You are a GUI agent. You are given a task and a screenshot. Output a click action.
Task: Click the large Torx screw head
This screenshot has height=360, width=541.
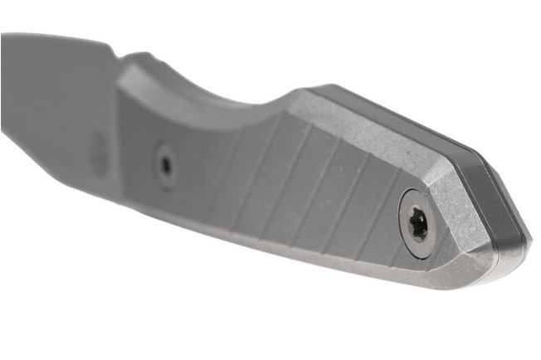coord(418,223)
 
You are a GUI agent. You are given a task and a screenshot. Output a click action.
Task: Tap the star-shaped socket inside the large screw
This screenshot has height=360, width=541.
coord(419,223)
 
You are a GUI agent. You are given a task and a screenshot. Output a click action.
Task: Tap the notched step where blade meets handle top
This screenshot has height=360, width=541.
coord(133,59)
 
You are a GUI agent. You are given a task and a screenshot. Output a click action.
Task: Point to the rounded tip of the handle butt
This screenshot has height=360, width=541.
coord(519,249)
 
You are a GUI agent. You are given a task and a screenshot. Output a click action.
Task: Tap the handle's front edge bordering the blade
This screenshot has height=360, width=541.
coord(117,124)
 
